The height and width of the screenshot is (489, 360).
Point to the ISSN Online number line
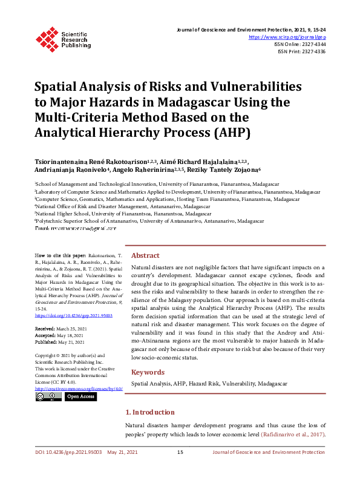point(304,44)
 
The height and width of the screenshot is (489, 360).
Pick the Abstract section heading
point(145,255)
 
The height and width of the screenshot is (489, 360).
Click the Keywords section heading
point(148,372)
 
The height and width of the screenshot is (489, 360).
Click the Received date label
point(47,328)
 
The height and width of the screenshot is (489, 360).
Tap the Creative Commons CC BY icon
point(48,396)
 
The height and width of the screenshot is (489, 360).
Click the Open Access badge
point(80,396)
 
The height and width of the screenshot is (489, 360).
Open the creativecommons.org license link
point(79,388)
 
